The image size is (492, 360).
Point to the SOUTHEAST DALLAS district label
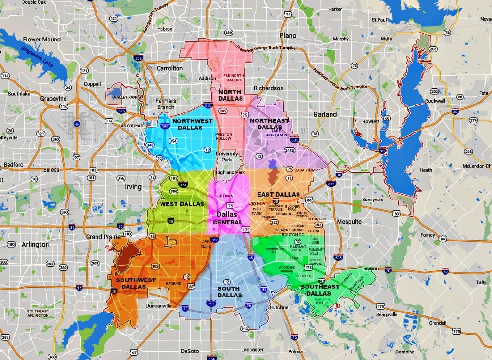coord(320,290)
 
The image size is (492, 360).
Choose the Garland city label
coord(325,114)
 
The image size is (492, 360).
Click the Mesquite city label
coord(349,221)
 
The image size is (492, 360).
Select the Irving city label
coord(133,187)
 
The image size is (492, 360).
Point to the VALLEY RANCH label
coord(124,97)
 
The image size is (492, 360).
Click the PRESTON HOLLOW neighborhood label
coord(223,136)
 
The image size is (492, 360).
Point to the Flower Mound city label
coord(42,40)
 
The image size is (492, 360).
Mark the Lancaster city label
coord(252,349)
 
